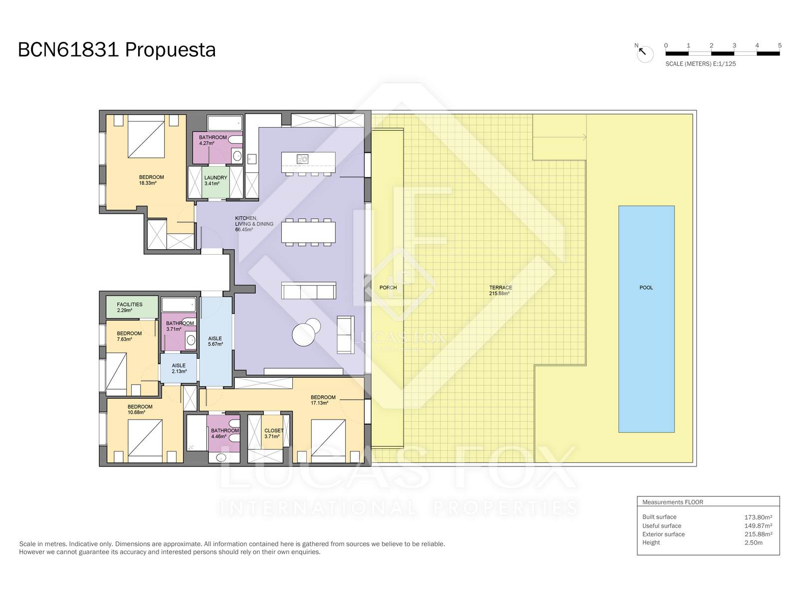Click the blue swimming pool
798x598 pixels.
coord(646,319)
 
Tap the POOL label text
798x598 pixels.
coord(646,288)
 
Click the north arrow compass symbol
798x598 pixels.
coord(644,53)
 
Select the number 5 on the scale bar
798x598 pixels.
coord(780,45)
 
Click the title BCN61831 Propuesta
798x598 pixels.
coord(117,50)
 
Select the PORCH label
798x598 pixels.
coord(388,288)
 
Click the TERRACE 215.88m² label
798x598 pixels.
coord(500,291)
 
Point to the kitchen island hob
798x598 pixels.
coord(302,158)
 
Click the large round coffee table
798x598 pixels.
coord(304,334)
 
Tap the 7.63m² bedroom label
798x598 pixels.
coord(129,336)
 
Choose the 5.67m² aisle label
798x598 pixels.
coord(215,341)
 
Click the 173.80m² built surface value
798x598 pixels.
coord(758,517)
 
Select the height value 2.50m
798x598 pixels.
coord(753,543)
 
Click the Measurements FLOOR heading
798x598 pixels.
coord(673,502)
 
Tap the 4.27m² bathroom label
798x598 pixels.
coord(212,140)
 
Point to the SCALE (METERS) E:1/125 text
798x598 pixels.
coord(701,64)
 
